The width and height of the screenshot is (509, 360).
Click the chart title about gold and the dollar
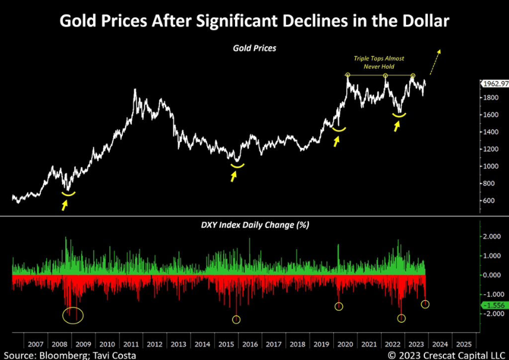pyautogui.click(x=254, y=22)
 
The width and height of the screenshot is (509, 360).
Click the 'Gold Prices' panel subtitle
pyautogui.click(x=254, y=48)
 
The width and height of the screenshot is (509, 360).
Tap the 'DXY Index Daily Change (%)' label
pyautogui.click(x=254, y=225)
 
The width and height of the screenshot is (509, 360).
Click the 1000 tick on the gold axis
pyautogui.click(x=489, y=166)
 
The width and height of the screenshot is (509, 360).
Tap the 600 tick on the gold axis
pyautogui.click(x=489, y=200)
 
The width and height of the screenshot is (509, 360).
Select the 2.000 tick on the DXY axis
pyautogui.click(x=491, y=237)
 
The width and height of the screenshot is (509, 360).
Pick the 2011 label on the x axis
pyautogui.click(x=131, y=344)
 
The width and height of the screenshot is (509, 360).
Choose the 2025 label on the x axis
pyautogui.click(x=465, y=344)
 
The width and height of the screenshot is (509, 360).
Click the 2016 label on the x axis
pyautogui.click(x=250, y=344)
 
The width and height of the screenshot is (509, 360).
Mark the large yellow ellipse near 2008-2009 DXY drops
pyautogui.click(x=73, y=315)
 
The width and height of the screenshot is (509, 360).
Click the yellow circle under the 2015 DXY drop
pyautogui.click(x=236, y=320)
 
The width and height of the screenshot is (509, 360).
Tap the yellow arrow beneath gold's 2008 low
pyautogui.click(x=65, y=204)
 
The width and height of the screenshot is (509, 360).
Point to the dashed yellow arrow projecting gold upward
pyautogui.click(x=436, y=62)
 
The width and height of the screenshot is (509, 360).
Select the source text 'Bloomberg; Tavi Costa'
pyautogui.click(x=70, y=355)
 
